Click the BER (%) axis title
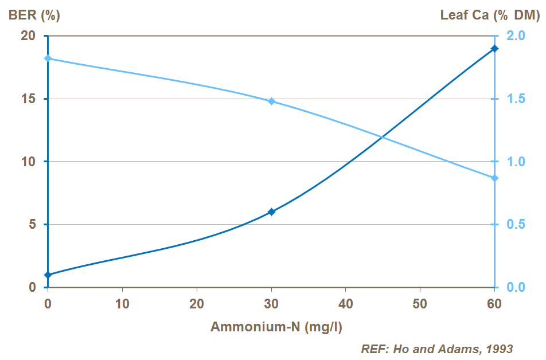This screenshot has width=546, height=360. tap(34, 15)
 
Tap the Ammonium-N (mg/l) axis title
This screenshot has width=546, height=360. tap(276, 327)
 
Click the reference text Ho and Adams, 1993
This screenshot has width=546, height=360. tap(436, 349)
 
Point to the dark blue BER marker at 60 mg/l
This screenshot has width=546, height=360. tap(495, 49)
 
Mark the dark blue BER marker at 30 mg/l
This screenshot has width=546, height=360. tap(272, 212)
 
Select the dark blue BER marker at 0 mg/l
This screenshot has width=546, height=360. tap(48, 275)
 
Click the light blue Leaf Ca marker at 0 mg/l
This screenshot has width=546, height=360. tap(48, 58)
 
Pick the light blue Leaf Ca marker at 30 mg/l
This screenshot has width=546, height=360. tap(272, 101)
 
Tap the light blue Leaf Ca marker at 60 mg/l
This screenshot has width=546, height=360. tap(495, 178)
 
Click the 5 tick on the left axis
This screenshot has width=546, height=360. tap(32, 224)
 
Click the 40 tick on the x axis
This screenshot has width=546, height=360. tap(346, 303)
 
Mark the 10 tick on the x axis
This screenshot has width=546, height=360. tap(122, 303)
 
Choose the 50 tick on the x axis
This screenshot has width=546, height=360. tap(420, 303)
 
